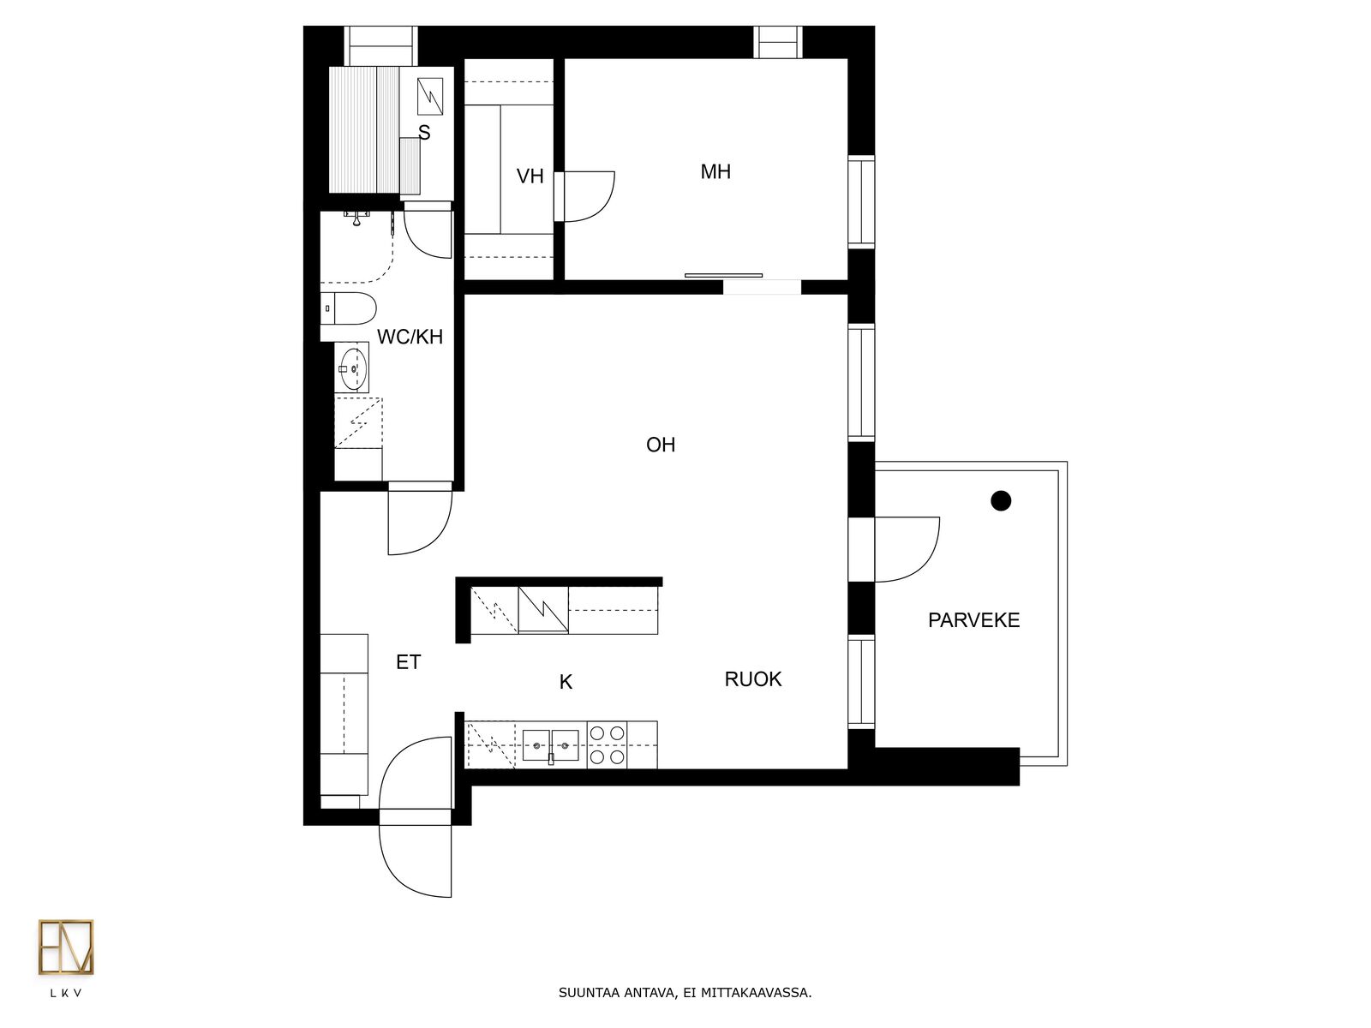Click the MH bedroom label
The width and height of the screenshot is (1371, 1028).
tap(715, 171)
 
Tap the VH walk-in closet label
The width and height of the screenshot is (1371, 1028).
tap(530, 176)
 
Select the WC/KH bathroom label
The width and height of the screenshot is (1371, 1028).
tap(410, 337)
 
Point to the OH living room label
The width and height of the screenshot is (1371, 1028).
tap(660, 445)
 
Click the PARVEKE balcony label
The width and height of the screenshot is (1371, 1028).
tap(973, 620)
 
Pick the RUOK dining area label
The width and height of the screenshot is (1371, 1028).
tap(752, 679)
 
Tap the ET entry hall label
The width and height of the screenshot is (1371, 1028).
tap(409, 662)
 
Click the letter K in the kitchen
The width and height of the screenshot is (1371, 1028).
tap(566, 682)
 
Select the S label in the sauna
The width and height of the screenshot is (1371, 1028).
tap(424, 133)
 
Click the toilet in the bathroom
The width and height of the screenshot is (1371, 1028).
tap(349, 308)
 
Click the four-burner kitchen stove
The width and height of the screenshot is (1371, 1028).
tap(608, 744)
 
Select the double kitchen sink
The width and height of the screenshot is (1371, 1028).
tap(550, 745)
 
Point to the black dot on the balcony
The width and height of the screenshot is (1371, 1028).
tap(1001, 500)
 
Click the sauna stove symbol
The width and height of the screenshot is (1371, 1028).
tap(430, 96)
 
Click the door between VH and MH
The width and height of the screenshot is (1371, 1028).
tap(584, 197)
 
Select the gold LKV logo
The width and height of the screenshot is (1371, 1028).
tap(66, 947)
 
